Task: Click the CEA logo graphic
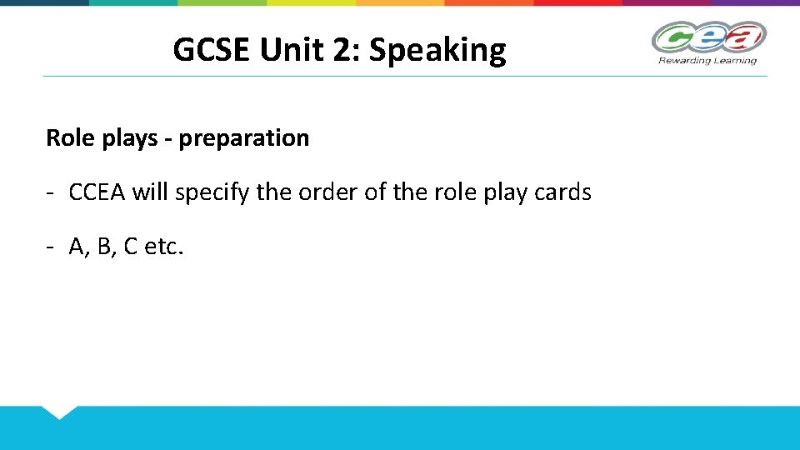pyautogui.click(x=708, y=37)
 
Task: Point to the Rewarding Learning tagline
pyautogui.click(x=707, y=60)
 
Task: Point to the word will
pyautogui.click(x=150, y=192)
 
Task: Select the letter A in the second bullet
pyautogui.click(x=77, y=247)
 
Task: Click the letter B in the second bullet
pyautogui.click(x=104, y=247)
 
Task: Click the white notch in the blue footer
pyautogui.click(x=58, y=411)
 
